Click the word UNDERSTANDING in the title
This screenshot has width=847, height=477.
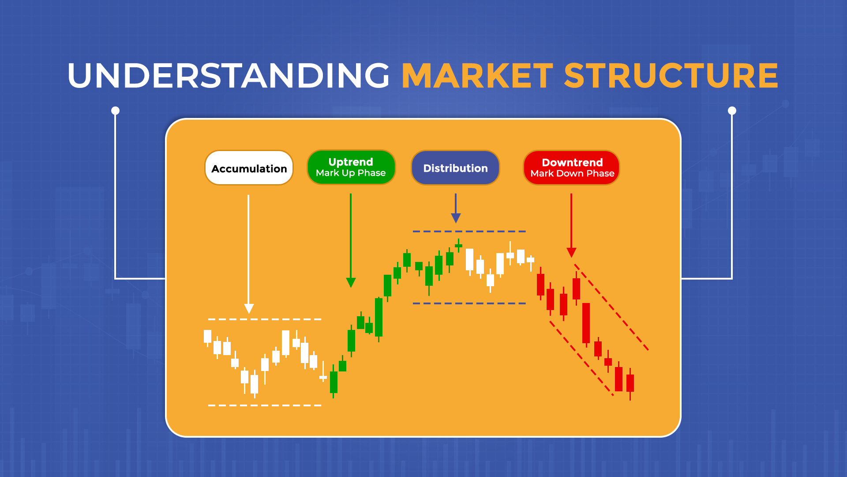pyautogui.click(x=229, y=76)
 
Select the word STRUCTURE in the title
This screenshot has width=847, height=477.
pyautogui.click(x=671, y=76)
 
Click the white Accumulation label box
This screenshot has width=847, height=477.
pyautogui.click(x=249, y=168)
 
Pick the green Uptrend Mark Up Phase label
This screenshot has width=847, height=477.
pyautogui.click(x=351, y=167)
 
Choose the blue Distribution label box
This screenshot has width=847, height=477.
pyautogui.click(x=455, y=168)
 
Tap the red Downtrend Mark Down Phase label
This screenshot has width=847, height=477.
pyautogui.click(x=572, y=167)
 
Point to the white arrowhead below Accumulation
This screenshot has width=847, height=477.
pyautogui.click(x=249, y=308)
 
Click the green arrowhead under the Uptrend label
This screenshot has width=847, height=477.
pyautogui.click(x=351, y=282)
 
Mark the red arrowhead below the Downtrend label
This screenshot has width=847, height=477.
pyautogui.click(x=571, y=252)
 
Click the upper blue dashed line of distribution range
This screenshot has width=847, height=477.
pyautogui.click(x=469, y=231)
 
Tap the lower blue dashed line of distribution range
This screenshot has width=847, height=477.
pyautogui.click(x=469, y=303)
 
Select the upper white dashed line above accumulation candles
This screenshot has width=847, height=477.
pyautogui.click(x=265, y=319)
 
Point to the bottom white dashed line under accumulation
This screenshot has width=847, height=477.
pyautogui.click(x=265, y=405)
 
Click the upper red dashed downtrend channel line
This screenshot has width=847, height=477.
pyautogui.click(x=611, y=307)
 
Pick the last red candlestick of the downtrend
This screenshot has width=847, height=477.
pyautogui.click(x=630, y=382)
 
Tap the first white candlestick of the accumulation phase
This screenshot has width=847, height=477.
pyautogui.click(x=207, y=337)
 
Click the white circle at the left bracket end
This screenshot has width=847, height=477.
pyautogui.click(x=115, y=110)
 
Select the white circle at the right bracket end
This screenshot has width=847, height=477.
pyautogui.click(x=732, y=110)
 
